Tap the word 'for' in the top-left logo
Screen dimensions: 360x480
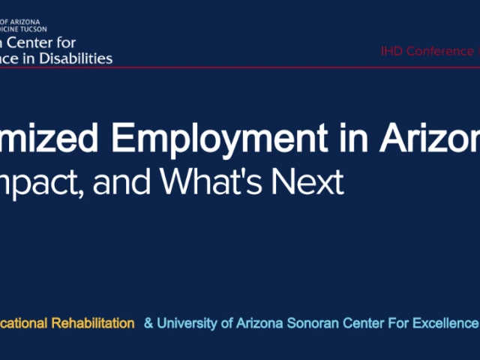pos(64,43)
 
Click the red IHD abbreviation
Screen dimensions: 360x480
pos(391,52)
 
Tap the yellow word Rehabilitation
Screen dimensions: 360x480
pos(92,323)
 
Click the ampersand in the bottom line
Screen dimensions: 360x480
pos(148,323)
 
